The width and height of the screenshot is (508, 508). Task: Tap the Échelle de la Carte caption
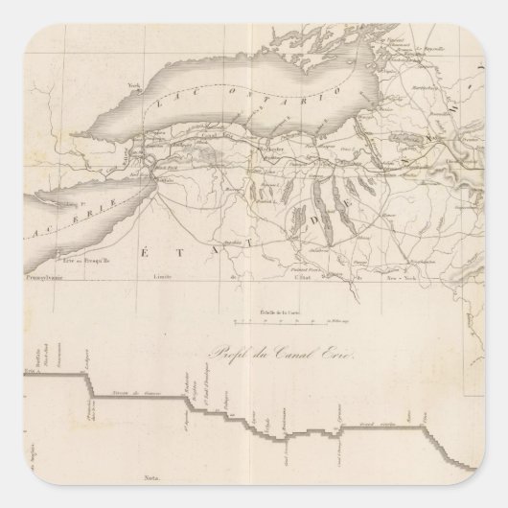(276, 312)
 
